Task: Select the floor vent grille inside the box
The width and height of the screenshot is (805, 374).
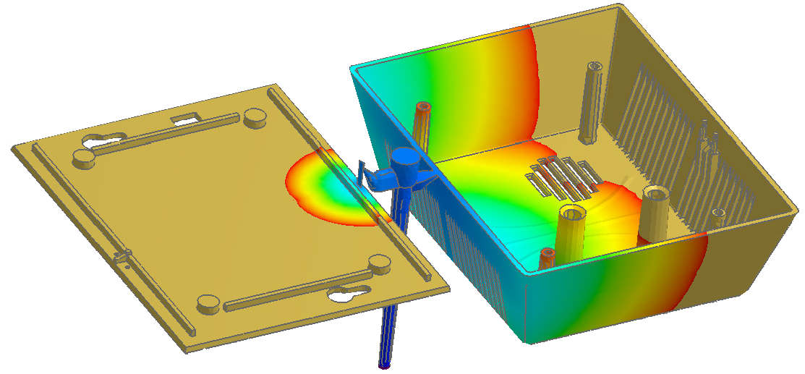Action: pos(564,178)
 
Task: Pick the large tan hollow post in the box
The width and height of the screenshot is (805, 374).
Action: pos(655,212)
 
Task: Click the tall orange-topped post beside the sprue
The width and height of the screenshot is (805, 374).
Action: pos(422,127)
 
